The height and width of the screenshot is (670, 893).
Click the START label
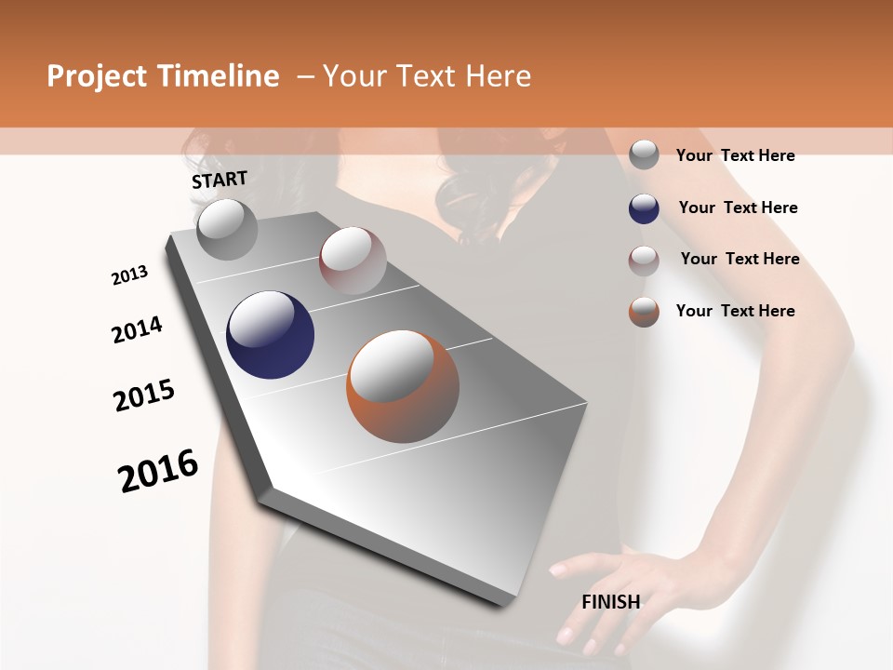pyautogui.click(x=220, y=180)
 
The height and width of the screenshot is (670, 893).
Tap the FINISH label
pyautogui.click(x=611, y=602)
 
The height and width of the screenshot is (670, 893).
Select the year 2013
pyautogui.click(x=130, y=275)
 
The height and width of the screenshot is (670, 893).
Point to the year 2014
pyautogui.click(x=138, y=329)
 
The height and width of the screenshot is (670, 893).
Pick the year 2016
pyautogui.click(x=159, y=470)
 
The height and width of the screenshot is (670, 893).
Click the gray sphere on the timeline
pyautogui.click(x=227, y=230)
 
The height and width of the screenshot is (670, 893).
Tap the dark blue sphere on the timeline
pyautogui.click(x=270, y=335)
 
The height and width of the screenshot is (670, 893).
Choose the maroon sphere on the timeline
pyautogui.click(x=353, y=261)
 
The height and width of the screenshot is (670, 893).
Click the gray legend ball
pyautogui.click(x=644, y=155)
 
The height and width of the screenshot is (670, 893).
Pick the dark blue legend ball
pyautogui.click(x=644, y=208)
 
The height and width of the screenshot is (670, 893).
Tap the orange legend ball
pyautogui.click(x=644, y=312)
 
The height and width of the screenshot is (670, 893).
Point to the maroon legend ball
pyautogui.click(x=644, y=260)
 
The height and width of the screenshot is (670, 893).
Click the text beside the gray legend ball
pyautogui.click(x=735, y=155)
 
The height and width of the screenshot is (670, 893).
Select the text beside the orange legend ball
pyautogui.click(x=735, y=311)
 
